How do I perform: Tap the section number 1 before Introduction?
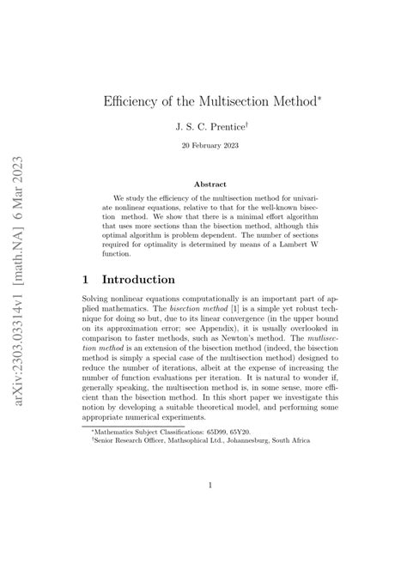[82, 279]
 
